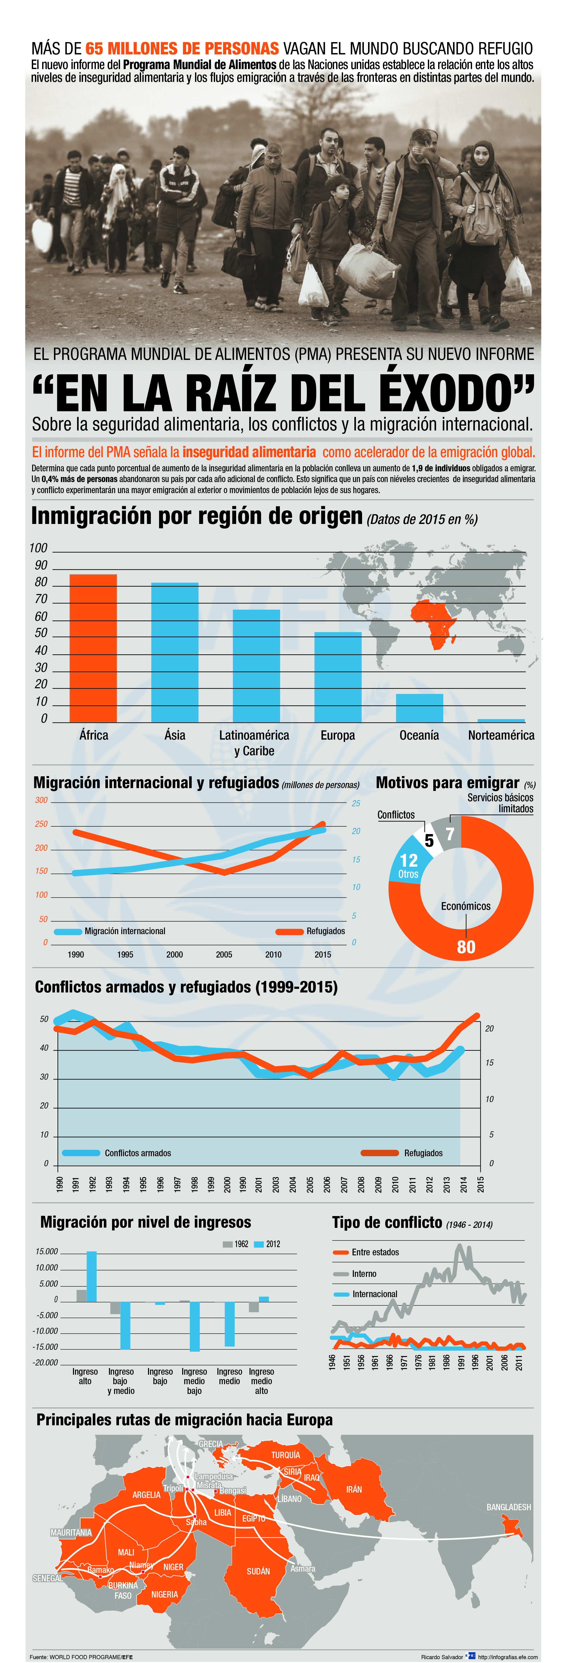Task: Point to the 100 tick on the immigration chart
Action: click(x=39, y=548)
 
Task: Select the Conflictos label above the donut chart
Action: click(x=396, y=815)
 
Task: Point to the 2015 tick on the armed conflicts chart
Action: click(x=481, y=1183)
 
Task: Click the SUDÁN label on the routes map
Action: click(x=259, y=1571)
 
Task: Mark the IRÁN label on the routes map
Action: click(x=354, y=1489)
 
